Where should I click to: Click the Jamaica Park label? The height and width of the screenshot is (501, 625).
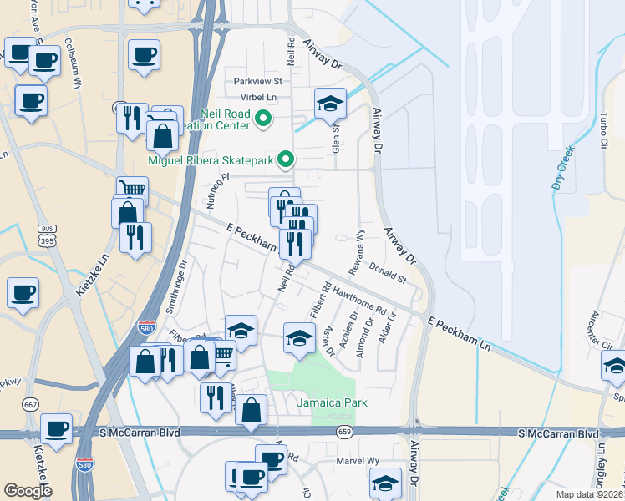pyautogui.click(x=332, y=403)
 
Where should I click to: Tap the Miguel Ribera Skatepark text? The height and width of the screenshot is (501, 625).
pyautogui.click(x=211, y=159)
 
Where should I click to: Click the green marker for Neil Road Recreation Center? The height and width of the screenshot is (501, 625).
pyautogui.click(x=263, y=119)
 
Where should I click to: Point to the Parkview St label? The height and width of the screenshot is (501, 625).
pyautogui.click(x=258, y=82)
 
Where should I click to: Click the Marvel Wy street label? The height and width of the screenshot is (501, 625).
pyautogui.click(x=358, y=461)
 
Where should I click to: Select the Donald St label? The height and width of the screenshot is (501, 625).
pyautogui.click(x=388, y=273)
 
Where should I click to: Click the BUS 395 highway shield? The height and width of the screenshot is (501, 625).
pyautogui.click(x=45, y=235)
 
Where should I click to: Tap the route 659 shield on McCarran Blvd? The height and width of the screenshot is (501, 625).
pyautogui.click(x=344, y=432)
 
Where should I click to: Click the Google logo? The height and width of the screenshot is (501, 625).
pyautogui.click(x=28, y=490)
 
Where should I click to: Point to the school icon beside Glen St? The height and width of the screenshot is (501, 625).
pyautogui.click(x=330, y=104)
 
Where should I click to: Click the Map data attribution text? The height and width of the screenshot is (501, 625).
pyautogui.click(x=589, y=494)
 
